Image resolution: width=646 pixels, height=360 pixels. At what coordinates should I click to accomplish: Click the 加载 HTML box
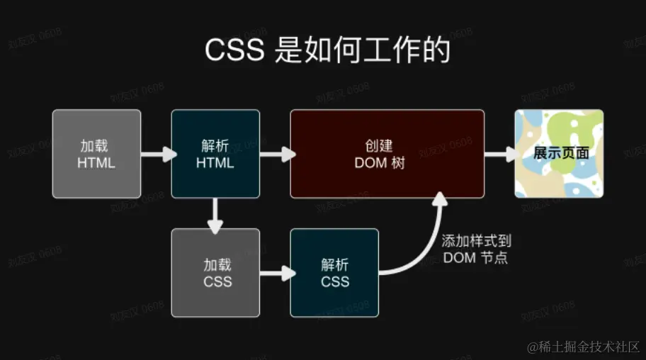(x=97, y=154)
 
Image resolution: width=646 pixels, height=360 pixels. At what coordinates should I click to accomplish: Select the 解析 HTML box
(x=215, y=154)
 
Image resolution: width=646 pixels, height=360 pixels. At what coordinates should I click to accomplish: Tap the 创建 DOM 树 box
(x=387, y=154)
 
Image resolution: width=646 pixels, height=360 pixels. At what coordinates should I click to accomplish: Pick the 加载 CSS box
(x=215, y=272)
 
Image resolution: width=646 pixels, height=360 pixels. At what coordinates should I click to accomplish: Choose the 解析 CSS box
(x=334, y=272)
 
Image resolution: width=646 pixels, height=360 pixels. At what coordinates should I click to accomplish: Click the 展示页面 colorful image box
(x=559, y=154)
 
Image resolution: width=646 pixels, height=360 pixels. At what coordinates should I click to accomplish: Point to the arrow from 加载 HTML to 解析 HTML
(x=157, y=153)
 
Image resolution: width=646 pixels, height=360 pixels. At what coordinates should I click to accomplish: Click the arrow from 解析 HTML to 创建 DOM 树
(x=276, y=153)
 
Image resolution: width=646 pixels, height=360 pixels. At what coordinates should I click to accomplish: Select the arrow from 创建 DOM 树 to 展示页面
(x=499, y=153)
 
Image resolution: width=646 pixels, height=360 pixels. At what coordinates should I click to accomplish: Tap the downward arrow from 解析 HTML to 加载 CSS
(x=215, y=213)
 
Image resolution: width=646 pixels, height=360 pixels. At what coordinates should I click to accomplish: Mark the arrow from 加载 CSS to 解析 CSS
(x=276, y=272)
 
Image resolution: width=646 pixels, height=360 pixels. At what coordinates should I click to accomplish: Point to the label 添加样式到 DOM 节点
(x=475, y=249)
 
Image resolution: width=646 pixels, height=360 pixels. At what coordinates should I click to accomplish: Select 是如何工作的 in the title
(x=362, y=51)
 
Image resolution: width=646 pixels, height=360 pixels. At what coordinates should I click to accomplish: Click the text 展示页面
(x=560, y=152)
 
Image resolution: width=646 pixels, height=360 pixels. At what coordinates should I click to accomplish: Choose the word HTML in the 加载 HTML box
(x=97, y=162)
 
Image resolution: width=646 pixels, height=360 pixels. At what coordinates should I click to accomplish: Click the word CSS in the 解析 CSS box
(x=334, y=281)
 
